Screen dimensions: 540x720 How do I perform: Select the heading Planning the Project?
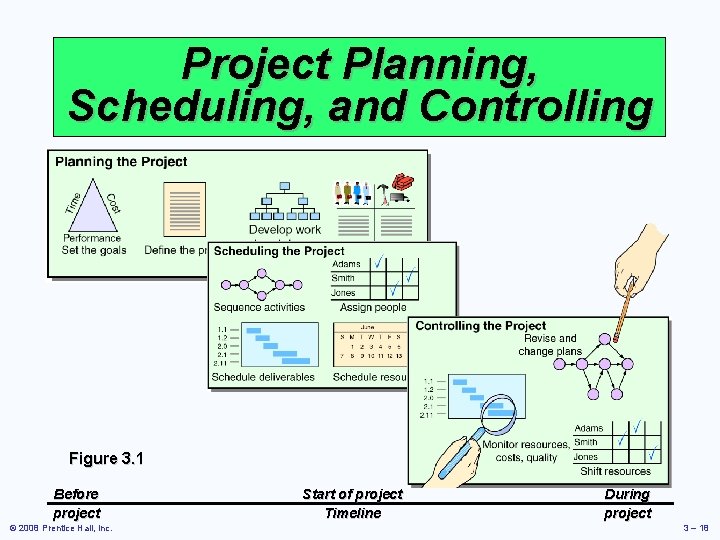click(121, 162)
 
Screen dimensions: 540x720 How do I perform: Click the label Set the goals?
click(94, 250)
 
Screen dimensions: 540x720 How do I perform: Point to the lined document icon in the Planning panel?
click(183, 208)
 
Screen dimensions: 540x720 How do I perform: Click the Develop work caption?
click(285, 230)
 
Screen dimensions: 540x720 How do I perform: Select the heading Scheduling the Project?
click(279, 251)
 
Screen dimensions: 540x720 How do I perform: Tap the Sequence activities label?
click(259, 307)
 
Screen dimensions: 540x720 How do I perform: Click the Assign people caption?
click(373, 307)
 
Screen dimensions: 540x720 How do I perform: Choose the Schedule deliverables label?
click(263, 377)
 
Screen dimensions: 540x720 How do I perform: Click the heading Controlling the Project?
click(481, 326)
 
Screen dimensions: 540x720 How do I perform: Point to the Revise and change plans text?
click(549, 345)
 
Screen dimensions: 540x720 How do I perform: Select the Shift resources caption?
click(615, 471)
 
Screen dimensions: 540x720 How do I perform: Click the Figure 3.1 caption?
click(106, 459)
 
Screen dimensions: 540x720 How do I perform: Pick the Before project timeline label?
click(76, 503)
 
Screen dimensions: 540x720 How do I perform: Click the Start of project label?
click(352, 494)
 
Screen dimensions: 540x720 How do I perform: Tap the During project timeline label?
click(627, 503)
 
